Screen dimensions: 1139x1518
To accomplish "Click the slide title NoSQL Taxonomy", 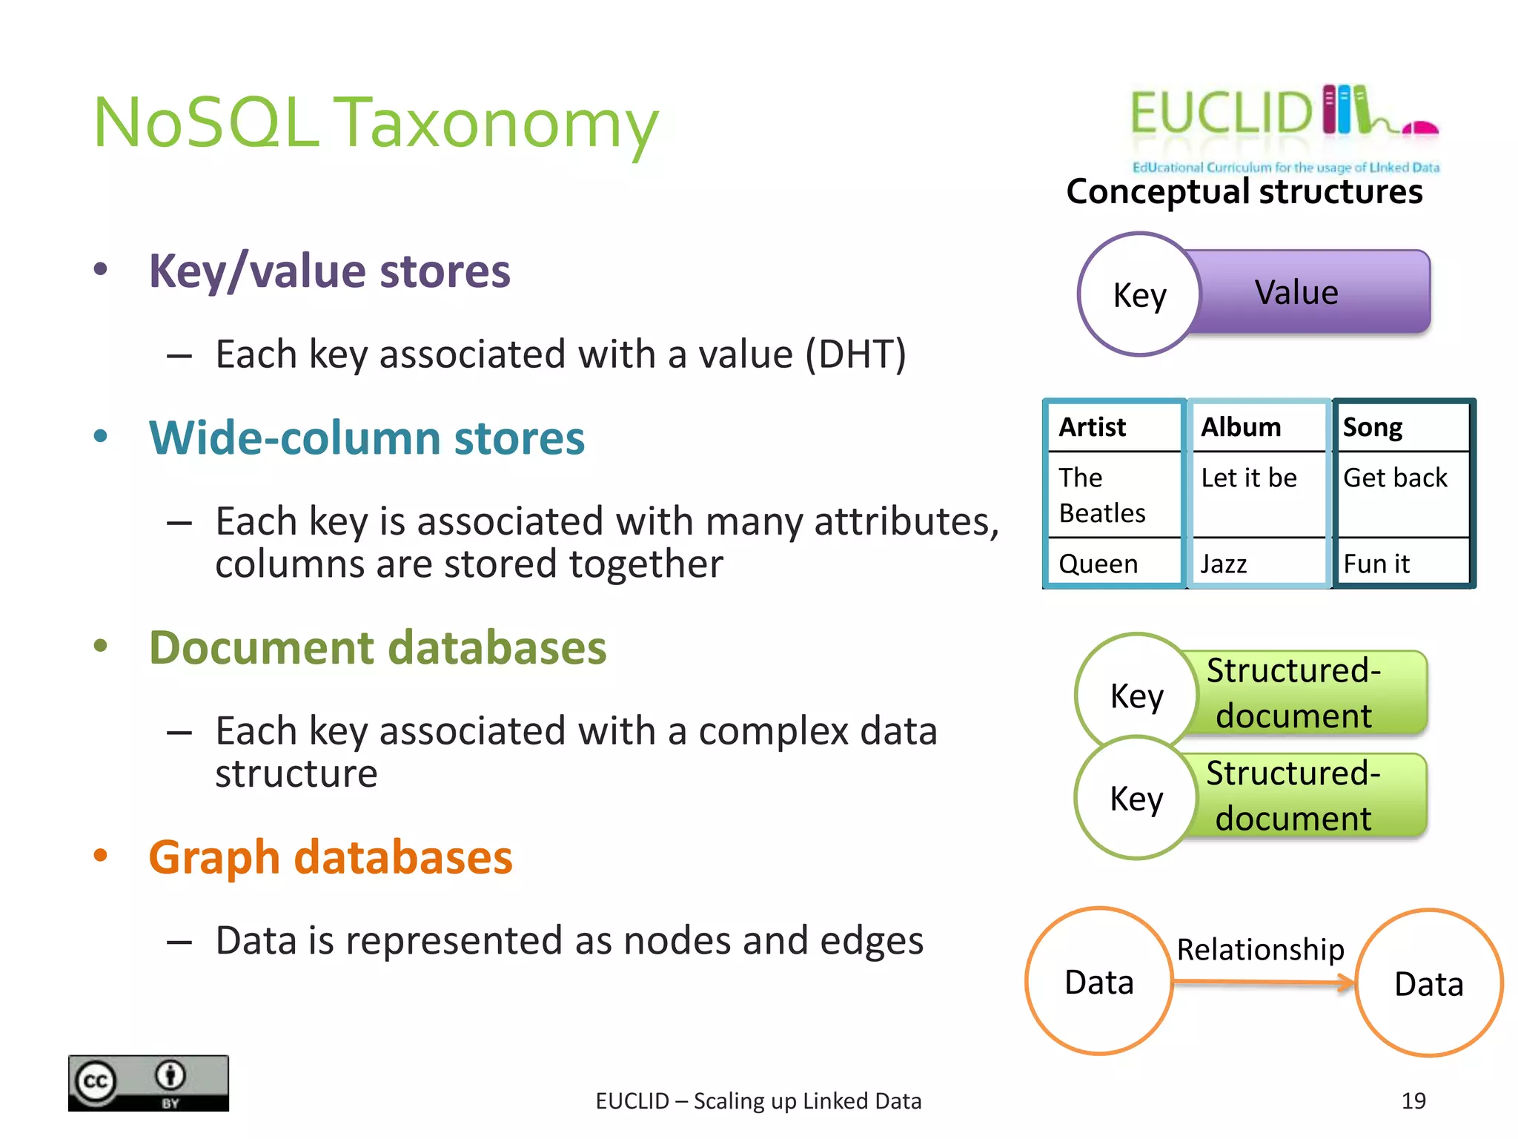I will [x=375, y=123].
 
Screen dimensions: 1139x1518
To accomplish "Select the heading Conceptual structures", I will [x=1244, y=191].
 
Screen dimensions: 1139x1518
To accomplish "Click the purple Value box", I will [x=1312, y=292].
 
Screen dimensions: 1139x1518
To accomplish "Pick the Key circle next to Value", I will [x=1139, y=295].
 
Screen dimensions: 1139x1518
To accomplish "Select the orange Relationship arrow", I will [x=1263, y=983].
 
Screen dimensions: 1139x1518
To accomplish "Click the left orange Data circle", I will [x=1099, y=981].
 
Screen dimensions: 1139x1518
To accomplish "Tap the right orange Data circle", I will [x=1428, y=983].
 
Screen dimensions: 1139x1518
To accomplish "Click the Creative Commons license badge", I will [x=148, y=1083].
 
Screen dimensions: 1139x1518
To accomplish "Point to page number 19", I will [x=1413, y=1100].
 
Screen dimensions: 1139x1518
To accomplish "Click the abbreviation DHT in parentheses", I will [x=855, y=354].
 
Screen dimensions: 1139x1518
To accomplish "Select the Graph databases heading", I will [x=331, y=857].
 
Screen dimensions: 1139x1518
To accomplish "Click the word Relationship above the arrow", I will [x=1260, y=949].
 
